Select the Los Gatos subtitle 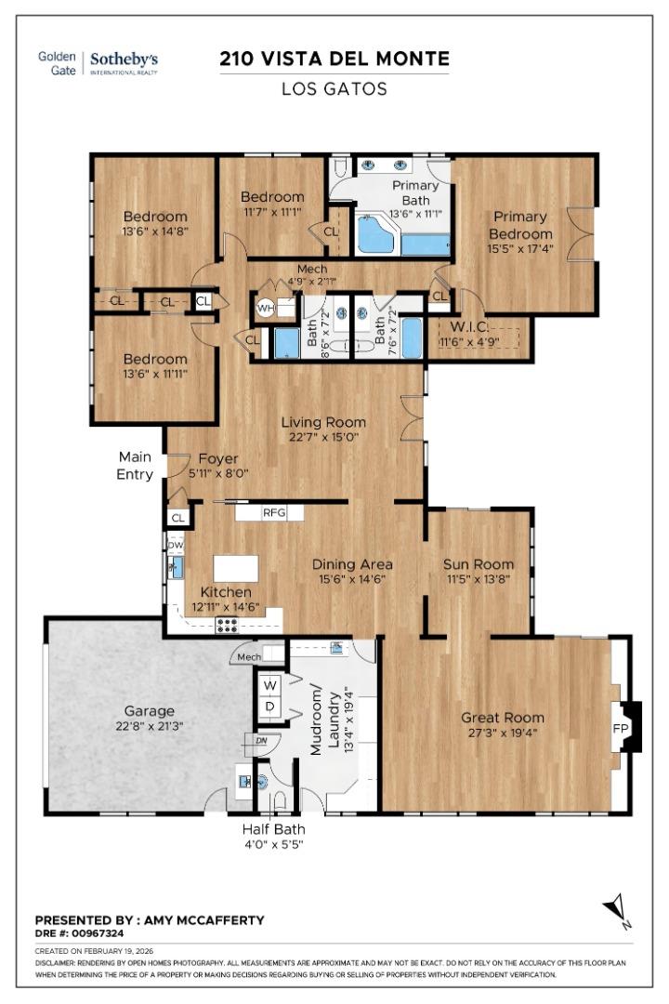334,90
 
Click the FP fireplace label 620,728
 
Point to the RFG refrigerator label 273,512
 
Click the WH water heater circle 265,309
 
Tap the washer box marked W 270,685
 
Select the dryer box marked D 270,706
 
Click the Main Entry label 135,465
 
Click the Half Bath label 273,829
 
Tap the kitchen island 234,568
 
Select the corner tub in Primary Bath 375,234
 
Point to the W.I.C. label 463,326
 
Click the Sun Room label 478,564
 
